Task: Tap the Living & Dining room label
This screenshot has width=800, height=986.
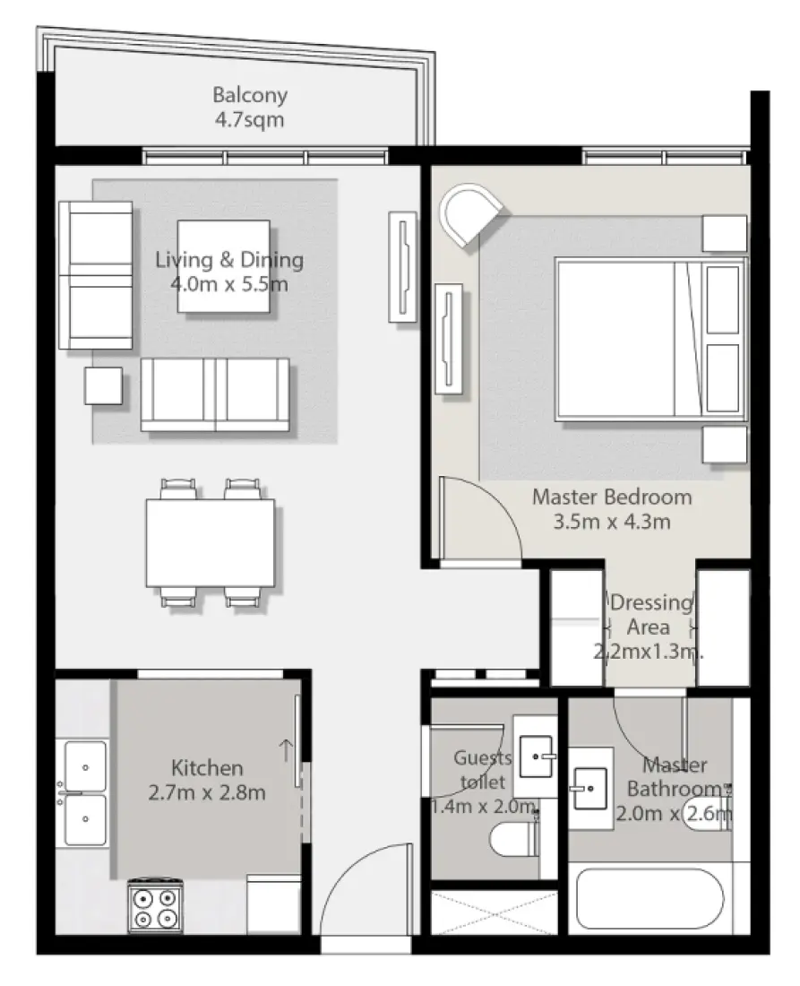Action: click(229, 272)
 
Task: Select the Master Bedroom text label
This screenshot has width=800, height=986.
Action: click(612, 509)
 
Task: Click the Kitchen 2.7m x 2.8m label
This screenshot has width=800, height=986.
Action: click(207, 780)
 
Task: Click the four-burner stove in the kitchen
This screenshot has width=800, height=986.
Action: click(155, 905)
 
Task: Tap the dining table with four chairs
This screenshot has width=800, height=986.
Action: click(211, 544)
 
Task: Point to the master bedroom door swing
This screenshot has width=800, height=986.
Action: click(479, 520)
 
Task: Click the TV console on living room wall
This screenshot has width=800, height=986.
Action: click(403, 265)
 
